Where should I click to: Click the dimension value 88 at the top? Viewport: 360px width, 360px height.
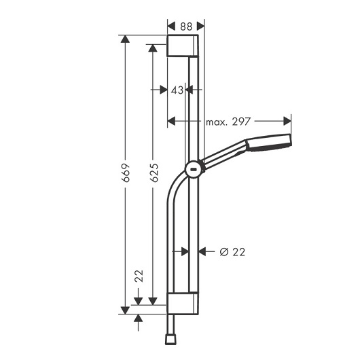coord(186,26)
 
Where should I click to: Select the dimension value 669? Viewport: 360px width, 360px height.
coord(126,173)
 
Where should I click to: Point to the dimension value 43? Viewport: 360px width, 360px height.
coord(177,90)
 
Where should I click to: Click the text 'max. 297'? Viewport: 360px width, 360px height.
coord(228,122)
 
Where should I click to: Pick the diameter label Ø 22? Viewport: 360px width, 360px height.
coord(232,252)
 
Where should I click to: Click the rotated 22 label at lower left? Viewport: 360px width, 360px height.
coord(139,276)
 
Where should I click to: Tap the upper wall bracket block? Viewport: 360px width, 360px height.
coord(183,46)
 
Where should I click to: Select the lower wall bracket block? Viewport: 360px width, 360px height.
coord(183,304)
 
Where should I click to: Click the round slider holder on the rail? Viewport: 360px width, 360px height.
coord(194,170)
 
